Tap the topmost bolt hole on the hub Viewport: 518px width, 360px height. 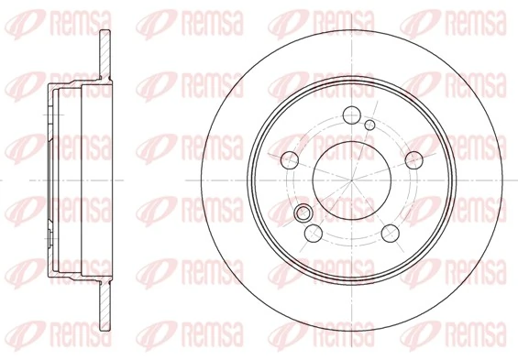[350, 115]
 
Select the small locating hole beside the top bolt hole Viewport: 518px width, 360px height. [369, 125]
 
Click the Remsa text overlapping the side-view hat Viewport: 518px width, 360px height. [69, 145]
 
